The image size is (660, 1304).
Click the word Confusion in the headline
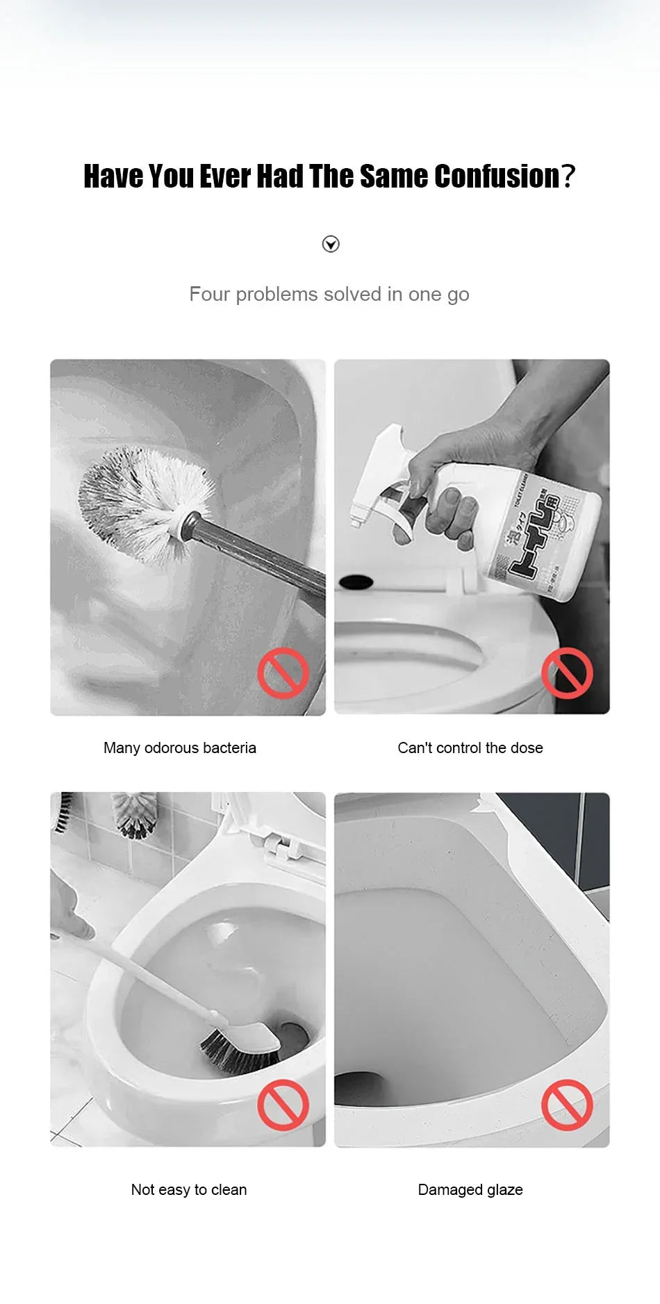coord(497,176)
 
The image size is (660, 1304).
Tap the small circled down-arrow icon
coord(331,244)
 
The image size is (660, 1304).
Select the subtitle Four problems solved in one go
coord(329,294)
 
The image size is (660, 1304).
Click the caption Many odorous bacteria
coord(180,748)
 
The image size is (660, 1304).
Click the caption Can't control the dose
coord(470,748)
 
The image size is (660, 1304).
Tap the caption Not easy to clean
coord(189,1189)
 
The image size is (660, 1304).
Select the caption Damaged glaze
coord(470,1189)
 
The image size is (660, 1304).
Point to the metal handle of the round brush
coord(264,556)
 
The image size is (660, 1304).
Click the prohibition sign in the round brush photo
coord(283,673)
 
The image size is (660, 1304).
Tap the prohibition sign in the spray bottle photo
coord(567,673)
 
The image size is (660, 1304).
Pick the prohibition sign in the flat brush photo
coord(283,1105)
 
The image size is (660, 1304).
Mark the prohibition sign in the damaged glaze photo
coord(567,1105)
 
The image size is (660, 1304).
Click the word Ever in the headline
coord(225,176)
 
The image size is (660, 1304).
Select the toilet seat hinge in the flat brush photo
coord(278,844)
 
